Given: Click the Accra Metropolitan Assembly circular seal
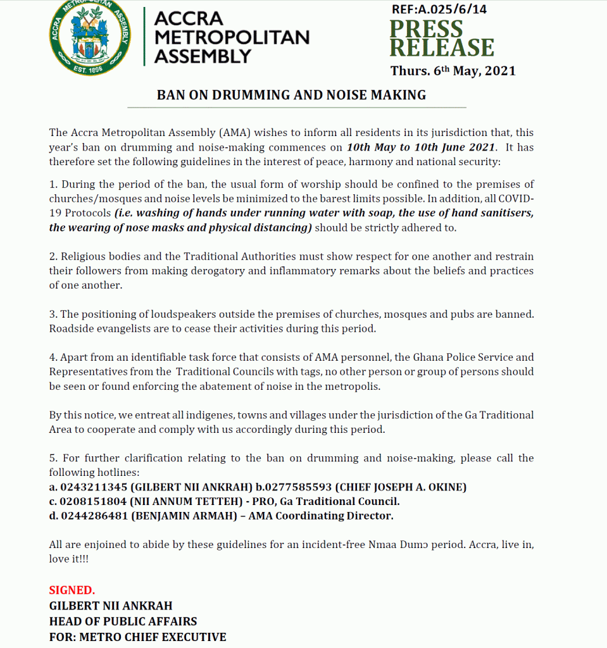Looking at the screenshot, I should pos(90,37).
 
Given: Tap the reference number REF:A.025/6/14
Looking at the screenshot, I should pos(438,9).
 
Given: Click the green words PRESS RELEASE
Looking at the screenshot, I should pos(441,39).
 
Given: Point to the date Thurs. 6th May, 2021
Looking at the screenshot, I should pos(453,71).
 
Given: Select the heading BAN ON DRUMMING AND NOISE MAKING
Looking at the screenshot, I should pos(291,95).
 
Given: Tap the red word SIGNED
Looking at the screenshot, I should pos(72,590).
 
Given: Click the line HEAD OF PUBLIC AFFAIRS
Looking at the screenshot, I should pos(123,621).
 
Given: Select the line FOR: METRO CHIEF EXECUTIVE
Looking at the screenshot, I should pos(137,637).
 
